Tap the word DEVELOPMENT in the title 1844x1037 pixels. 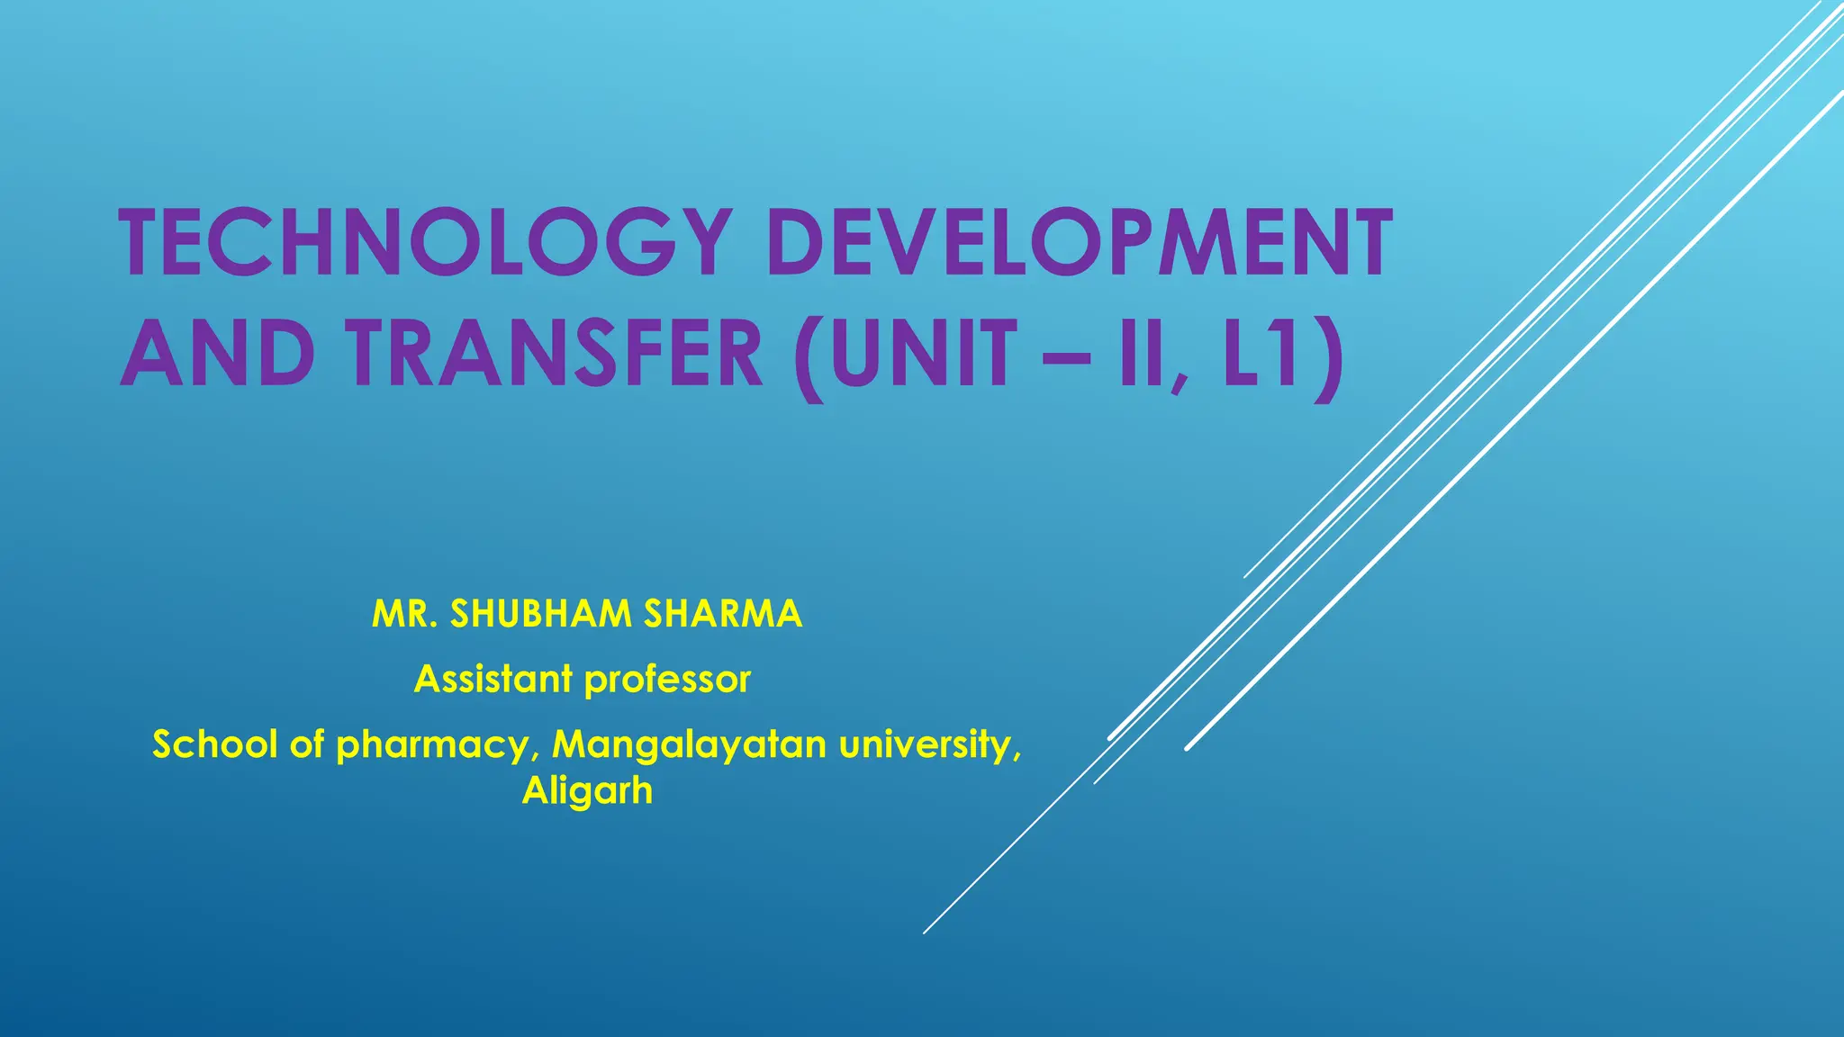tap(1080, 242)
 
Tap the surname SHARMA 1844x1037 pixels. tap(722, 614)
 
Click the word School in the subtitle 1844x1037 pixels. tap(214, 744)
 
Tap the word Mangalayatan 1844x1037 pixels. tap(689, 746)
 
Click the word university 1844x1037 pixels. tap(928, 744)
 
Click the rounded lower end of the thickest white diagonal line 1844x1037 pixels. tap(1189, 746)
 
